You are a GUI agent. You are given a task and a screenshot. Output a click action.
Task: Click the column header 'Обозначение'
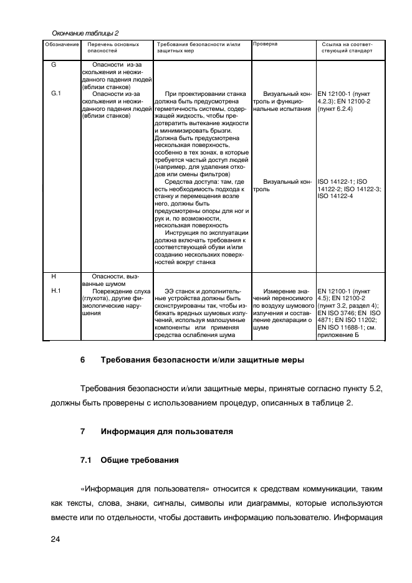click(62, 45)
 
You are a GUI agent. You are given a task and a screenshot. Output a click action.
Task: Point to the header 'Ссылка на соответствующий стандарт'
click(347, 48)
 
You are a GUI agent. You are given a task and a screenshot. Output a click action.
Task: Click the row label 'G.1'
click(55, 94)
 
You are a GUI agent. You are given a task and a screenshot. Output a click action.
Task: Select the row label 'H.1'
click(55, 290)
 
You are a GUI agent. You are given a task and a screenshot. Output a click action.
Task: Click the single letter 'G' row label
click(54, 65)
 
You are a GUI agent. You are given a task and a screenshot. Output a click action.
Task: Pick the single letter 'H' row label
click(54, 276)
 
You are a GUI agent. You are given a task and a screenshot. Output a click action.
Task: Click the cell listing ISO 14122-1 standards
click(349, 189)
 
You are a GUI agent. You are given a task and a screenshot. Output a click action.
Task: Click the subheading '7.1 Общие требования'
click(130, 461)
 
